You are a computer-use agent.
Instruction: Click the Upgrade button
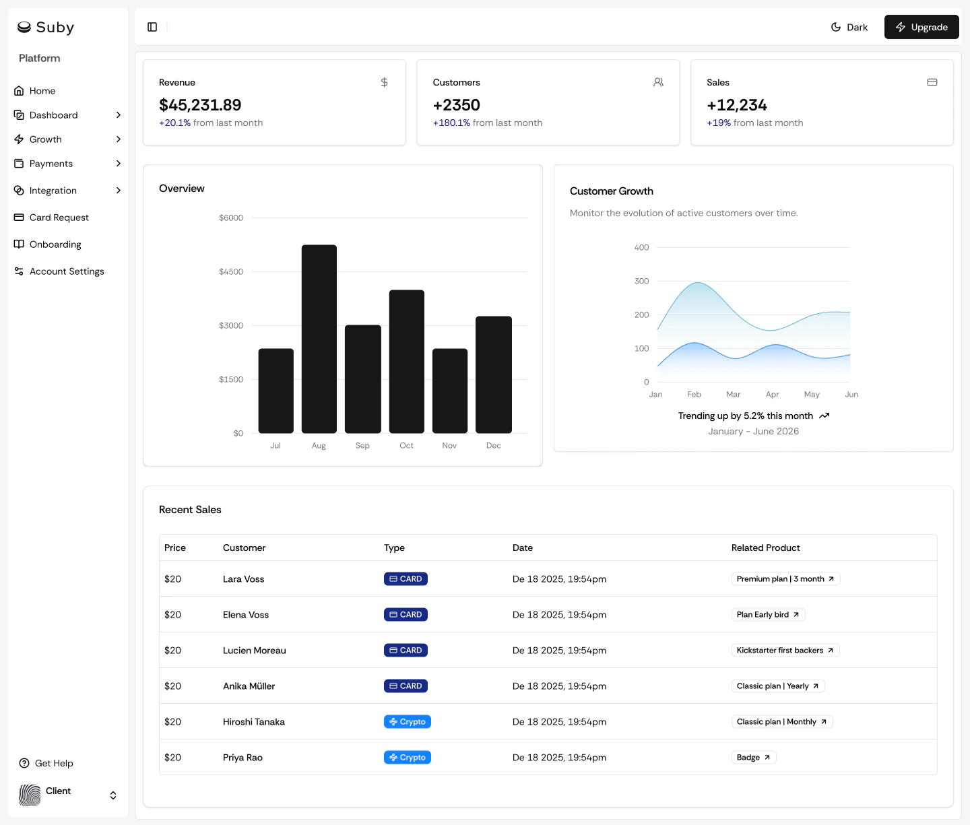pos(921,27)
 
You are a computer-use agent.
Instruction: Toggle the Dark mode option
pos(849,27)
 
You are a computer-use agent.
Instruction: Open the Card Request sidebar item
pos(59,218)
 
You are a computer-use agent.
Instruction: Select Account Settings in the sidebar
pos(66,271)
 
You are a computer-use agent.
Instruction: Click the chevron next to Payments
pos(119,164)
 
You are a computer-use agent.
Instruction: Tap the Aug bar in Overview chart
pos(319,339)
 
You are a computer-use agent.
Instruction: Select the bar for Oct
pos(406,361)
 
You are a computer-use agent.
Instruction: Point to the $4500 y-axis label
pos(231,271)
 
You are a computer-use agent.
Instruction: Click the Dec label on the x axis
pos(493,445)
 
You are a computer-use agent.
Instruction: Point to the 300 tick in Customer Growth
pos(641,281)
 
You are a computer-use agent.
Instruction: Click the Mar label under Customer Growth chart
pos(733,395)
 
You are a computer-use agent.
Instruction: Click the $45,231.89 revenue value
pos(200,105)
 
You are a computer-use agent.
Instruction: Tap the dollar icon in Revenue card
pos(384,82)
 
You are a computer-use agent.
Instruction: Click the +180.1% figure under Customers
pos(451,123)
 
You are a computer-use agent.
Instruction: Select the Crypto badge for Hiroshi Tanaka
pos(407,721)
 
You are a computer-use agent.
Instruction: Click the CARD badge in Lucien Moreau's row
pos(406,650)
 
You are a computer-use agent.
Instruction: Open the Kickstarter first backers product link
pos(785,650)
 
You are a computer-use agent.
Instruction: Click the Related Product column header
pos(765,548)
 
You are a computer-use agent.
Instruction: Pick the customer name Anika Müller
pos(249,686)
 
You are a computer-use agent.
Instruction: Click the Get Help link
pos(53,763)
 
